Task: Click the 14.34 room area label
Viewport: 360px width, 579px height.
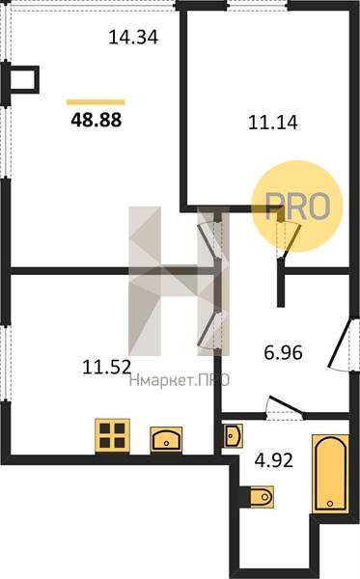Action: tap(133, 38)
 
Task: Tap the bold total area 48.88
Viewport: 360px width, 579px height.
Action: tap(96, 120)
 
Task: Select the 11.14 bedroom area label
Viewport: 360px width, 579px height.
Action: tap(273, 123)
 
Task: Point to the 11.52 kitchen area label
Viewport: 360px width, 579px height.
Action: tap(107, 367)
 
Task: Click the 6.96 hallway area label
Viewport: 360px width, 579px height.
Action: tap(283, 352)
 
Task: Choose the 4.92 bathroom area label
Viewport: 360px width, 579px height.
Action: tap(274, 460)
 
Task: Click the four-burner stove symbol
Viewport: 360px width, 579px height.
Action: tap(112, 435)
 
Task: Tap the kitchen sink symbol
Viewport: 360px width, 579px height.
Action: tap(166, 439)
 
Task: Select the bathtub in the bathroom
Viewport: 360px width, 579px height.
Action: tap(330, 474)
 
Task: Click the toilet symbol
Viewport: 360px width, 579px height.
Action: tap(260, 497)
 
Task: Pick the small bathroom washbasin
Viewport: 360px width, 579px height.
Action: tap(234, 436)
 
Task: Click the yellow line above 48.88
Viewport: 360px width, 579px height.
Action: tap(96, 102)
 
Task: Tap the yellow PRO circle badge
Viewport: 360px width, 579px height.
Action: tap(297, 207)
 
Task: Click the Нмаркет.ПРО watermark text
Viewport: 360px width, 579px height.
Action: tap(180, 380)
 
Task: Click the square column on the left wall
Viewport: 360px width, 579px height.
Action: tap(23, 79)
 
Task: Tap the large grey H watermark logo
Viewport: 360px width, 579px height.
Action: tap(180, 282)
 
